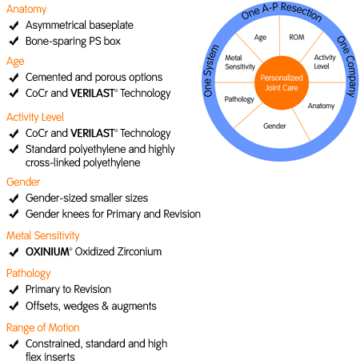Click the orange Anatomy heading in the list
(x=26, y=10)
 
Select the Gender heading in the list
(x=23, y=182)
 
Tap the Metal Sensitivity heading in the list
(x=43, y=235)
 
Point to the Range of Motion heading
(x=43, y=327)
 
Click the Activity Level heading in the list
(x=35, y=117)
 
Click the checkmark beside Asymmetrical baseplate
(x=14, y=26)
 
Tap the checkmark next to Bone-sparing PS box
(x=14, y=42)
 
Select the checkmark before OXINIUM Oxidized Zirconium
(x=14, y=252)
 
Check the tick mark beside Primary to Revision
(x=14, y=290)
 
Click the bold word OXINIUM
(x=48, y=251)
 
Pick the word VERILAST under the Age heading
(x=93, y=93)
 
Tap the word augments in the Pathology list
(x=134, y=307)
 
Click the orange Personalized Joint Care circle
(x=282, y=82)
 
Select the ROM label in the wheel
(x=297, y=37)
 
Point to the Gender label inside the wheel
(x=274, y=126)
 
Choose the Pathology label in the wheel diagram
(x=239, y=99)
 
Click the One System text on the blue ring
(x=210, y=70)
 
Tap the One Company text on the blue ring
(x=348, y=66)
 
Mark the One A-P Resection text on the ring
(x=282, y=11)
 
